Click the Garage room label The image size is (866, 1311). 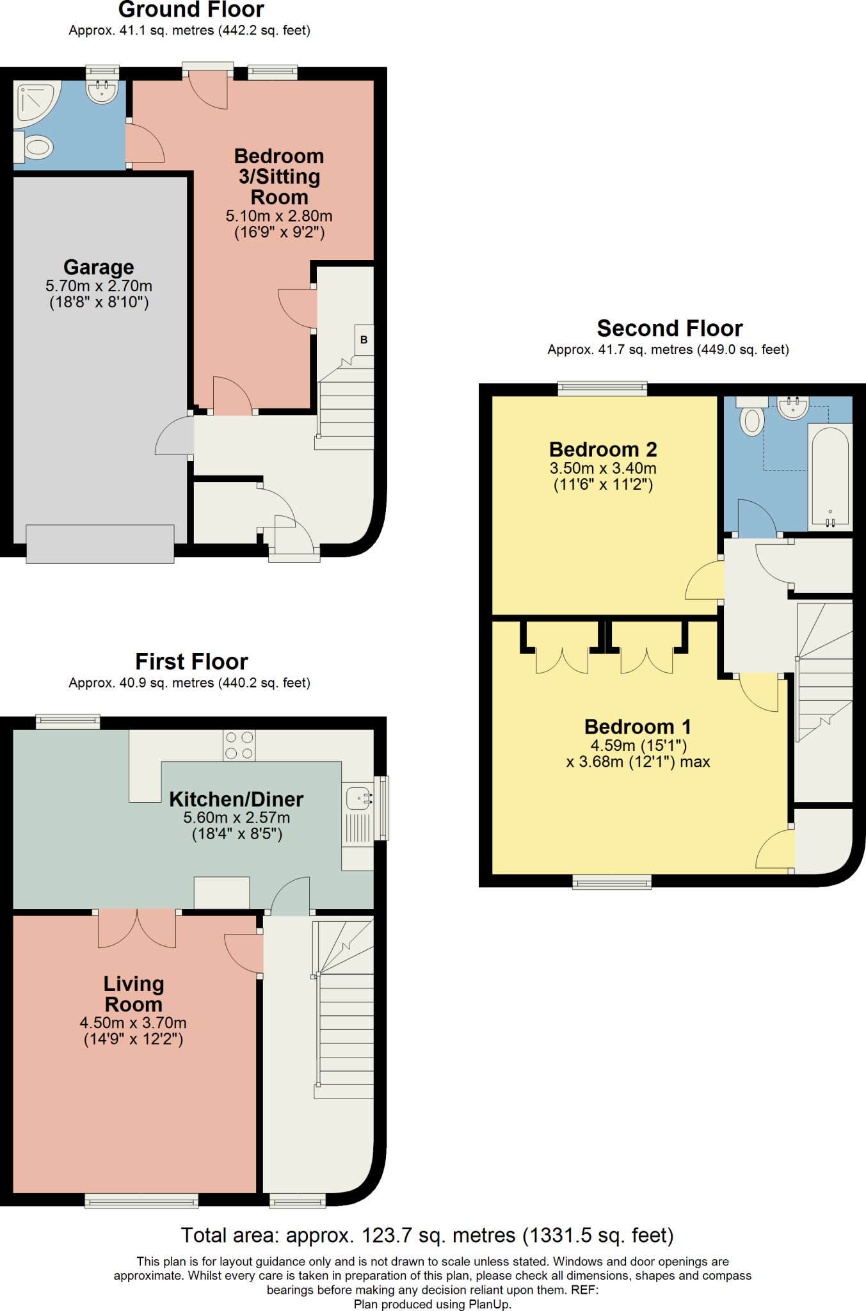coord(99,267)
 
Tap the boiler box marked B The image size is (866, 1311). coord(364,340)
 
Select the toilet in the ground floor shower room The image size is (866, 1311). coord(35,147)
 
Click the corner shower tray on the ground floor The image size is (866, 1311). coord(36,100)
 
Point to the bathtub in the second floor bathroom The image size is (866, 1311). coord(830,475)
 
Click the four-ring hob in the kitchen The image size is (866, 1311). coord(239,746)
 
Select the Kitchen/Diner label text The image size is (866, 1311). coord(236,799)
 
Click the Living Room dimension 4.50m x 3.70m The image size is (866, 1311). coord(133,1022)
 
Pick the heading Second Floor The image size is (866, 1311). coord(670,328)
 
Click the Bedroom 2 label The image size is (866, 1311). coord(603,449)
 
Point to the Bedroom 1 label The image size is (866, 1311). coord(637,727)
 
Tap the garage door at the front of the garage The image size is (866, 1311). coord(100,544)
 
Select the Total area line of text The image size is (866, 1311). coord(427,1235)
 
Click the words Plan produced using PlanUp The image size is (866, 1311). coord(433,1304)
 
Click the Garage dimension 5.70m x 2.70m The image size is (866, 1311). coord(99,286)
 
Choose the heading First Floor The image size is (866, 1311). coord(191,661)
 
